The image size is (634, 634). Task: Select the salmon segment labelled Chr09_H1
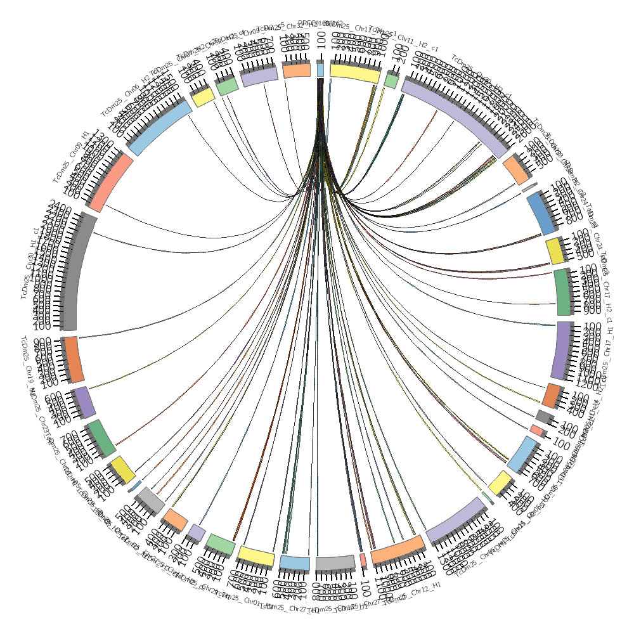click(111, 184)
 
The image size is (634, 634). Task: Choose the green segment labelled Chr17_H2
click(562, 292)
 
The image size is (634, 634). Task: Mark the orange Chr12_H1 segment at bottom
click(398, 550)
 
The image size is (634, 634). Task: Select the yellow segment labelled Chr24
click(555, 250)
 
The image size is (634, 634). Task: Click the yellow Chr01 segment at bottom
click(256, 556)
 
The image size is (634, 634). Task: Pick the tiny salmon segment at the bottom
click(363, 560)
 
